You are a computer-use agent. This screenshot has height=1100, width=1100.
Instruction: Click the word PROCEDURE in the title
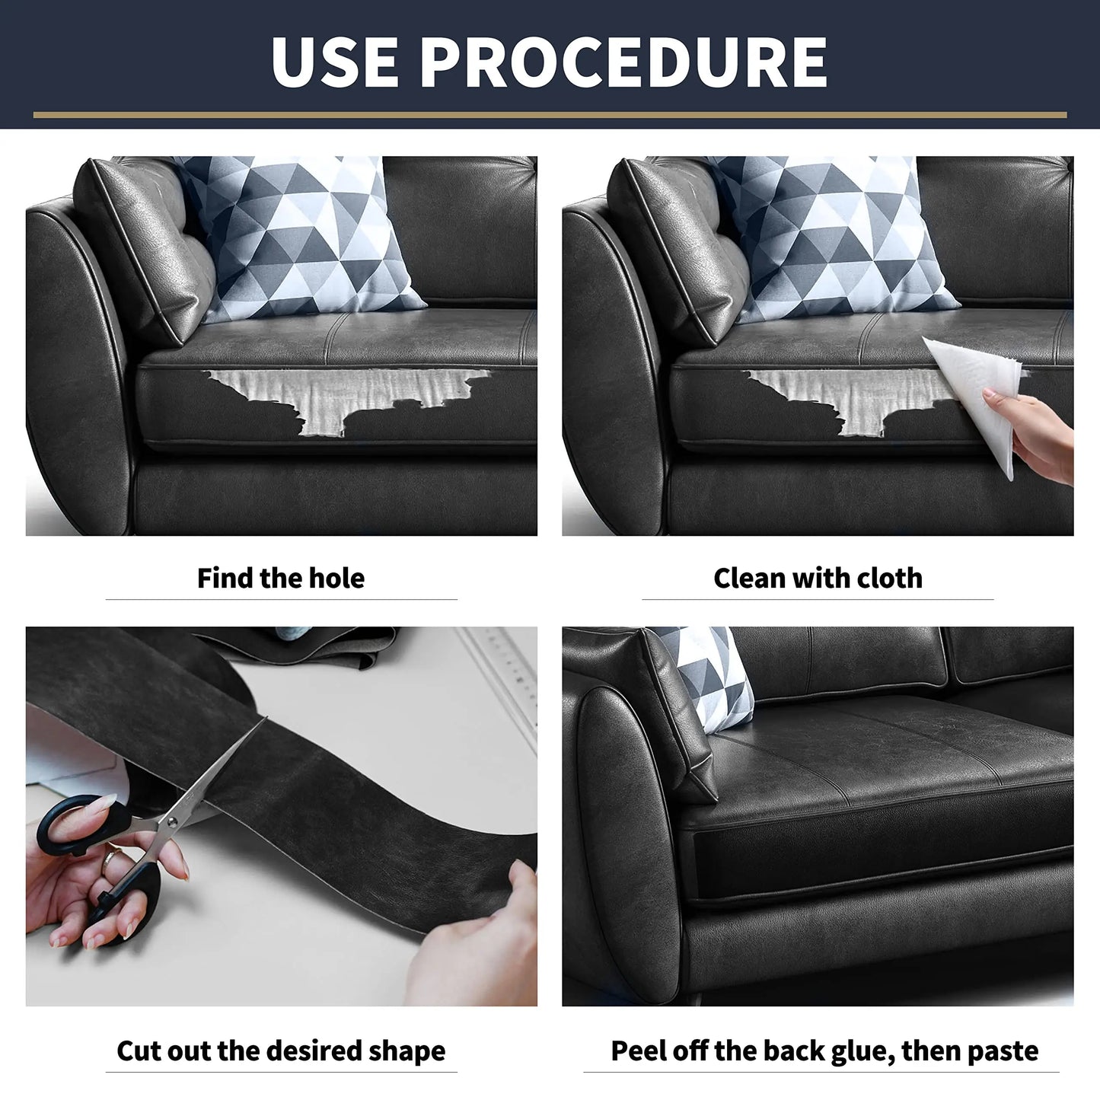pyautogui.click(x=623, y=62)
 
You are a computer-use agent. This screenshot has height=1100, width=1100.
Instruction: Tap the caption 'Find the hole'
pyautogui.click(x=281, y=578)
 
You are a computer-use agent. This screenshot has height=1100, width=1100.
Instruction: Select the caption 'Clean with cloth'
pyautogui.click(x=818, y=578)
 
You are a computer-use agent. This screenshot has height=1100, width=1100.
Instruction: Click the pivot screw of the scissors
pyautogui.click(x=171, y=821)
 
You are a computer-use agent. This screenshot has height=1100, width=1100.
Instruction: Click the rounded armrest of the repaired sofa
pyautogui.click(x=624, y=837)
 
